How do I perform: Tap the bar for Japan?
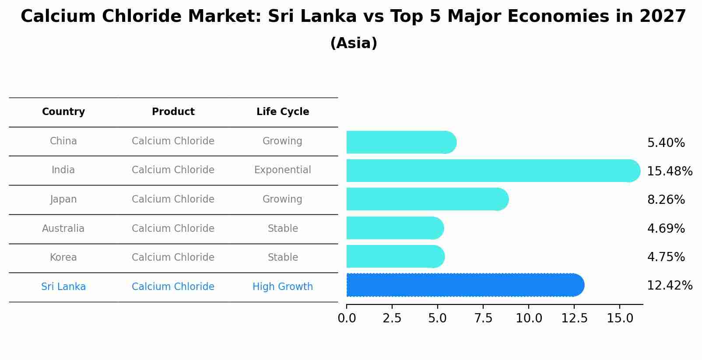pyautogui.click(x=427, y=199)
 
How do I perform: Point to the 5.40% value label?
pyautogui.click(x=666, y=143)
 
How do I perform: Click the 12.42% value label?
pyautogui.click(x=670, y=286)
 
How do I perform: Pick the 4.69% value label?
pyautogui.click(x=666, y=229)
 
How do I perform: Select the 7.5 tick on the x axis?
pyautogui.click(x=483, y=318)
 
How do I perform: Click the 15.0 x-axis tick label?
pyautogui.click(x=620, y=318)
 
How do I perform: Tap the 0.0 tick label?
pyautogui.click(x=347, y=318)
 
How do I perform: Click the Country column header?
pyautogui.click(x=63, y=112)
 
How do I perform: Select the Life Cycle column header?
pyautogui.click(x=283, y=112)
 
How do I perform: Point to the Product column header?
pyautogui.click(x=173, y=112)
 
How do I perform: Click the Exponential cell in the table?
pyautogui.click(x=283, y=170)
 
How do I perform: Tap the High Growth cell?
pyautogui.click(x=283, y=287)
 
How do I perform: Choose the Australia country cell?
pyautogui.click(x=63, y=229)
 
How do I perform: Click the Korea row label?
pyautogui.click(x=63, y=258)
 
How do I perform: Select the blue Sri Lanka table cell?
pyautogui.click(x=63, y=287)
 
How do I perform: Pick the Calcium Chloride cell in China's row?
pyautogui.click(x=173, y=141)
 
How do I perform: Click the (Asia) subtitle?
pyautogui.click(x=354, y=43)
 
